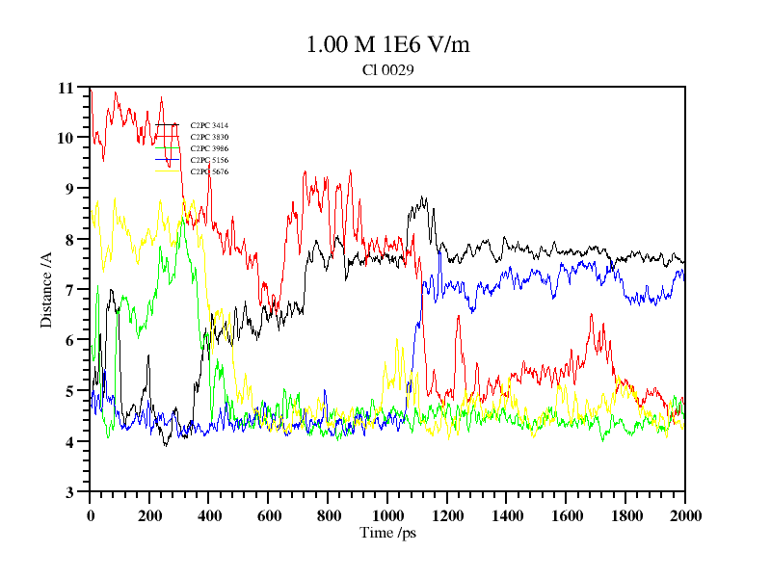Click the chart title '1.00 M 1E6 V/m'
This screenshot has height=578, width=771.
pyautogui.click(x=387, y=44)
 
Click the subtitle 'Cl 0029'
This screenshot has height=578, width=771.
pyautogui.click(x=387, y=69)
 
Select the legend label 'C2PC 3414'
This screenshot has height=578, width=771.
pyautogui.click(x=208, y=125)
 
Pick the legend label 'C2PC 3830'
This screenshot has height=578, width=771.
pyautogui.click(x=208, y=137)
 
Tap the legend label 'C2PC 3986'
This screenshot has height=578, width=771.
pyautogui.click(x=208, y=148)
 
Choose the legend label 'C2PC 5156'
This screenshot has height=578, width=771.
pyautogui.click(x=208, y=160)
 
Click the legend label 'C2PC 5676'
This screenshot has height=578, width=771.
pyautogui.click(x=208, y=171)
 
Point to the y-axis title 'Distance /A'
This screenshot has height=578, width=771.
pyautogui.click(x=45, y=289)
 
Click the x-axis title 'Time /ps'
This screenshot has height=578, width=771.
pyautogui.click(x=387, y=533)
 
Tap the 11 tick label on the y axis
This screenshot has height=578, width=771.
pyautogui.click(x=66, y=88)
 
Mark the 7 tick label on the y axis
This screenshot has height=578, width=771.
pyautogui.click(x=69, y=290)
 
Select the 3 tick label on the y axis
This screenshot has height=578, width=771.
pyautogui.click(x=69, y=492)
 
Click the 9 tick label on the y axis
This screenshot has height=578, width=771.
pyautogui.click(x=69, y=189)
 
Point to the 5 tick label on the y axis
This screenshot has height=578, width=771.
pyautogui.click(x=69, y=391)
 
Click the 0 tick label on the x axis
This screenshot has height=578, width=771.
pyautogui.click(x=91, y=515)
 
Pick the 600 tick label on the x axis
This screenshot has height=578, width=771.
pyautogui.click(x=269, y=515)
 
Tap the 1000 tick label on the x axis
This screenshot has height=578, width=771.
pyautogui.click(x=387, y=515)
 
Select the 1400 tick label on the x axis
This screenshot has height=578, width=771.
pyautogui.click(x=507, y=515)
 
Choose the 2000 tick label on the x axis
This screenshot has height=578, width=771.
pyautogui.click(x=684, y=515)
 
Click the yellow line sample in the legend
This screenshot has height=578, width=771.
pyautogui.click(x=167, y=171)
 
